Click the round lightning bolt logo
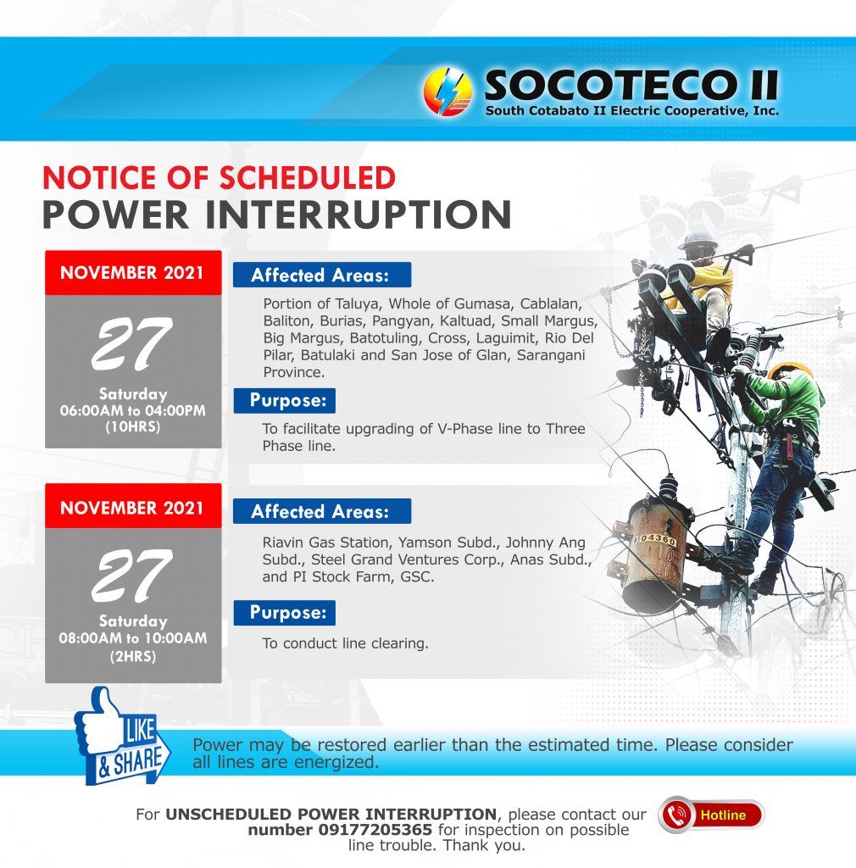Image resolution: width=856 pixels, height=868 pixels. (x=447, y=92)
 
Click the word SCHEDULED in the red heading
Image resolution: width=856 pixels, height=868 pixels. (x=308, y=178)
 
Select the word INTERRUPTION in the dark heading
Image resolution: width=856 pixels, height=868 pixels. (x=359, y=214)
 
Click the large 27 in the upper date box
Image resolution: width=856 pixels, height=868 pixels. (x=132, y=343)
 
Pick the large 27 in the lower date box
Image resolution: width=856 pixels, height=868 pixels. (x=132, y=576)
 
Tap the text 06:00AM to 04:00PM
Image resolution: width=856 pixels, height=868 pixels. (x=133, y=411)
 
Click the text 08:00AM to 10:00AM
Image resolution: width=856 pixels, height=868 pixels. (x=133, y=637)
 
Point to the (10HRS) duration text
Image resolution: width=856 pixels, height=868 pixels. (x=133, y=427)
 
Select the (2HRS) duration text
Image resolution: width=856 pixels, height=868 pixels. (x=133, y=657)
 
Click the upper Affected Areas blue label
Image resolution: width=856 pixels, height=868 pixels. (x=322, y=275)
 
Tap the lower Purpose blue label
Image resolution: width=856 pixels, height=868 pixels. (x=285, y=613)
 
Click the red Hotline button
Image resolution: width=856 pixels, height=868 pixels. (x=711, y=815)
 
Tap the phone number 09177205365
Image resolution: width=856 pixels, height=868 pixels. (x=375, y=830)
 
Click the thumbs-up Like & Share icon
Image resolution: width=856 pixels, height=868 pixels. (x=122, y=735)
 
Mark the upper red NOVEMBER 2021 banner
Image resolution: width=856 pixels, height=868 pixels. (x=133, y=272)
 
